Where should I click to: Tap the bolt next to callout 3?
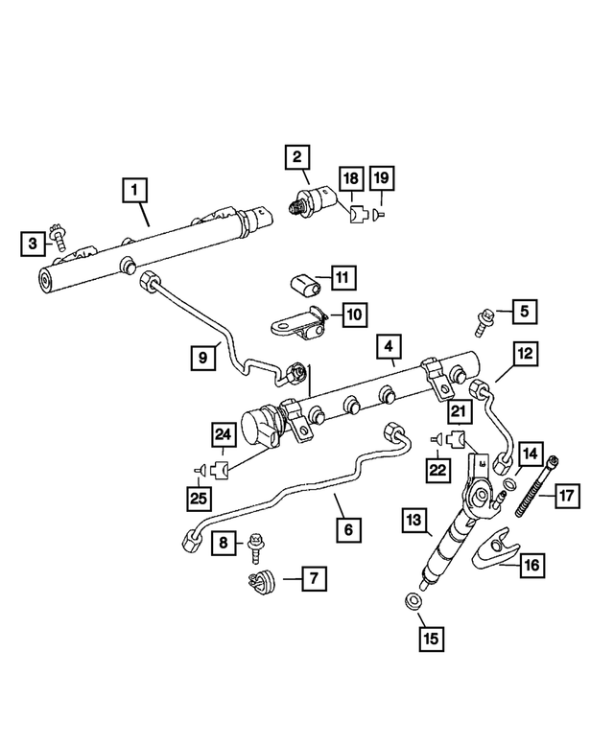point(59,236)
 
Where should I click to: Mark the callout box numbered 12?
point(524,355)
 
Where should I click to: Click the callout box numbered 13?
point(414,521)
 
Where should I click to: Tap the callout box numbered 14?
point(531,452)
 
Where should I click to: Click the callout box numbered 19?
point(382,178)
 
